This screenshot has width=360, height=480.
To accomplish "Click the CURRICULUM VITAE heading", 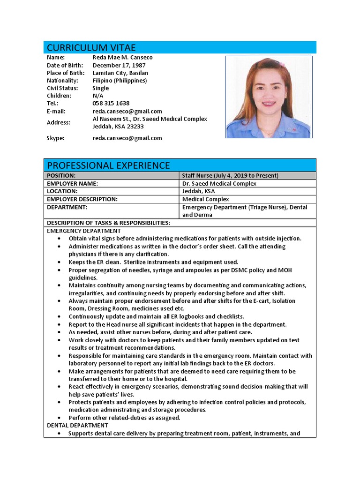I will [91, 48].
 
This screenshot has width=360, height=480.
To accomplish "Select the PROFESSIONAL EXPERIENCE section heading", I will [108, 165].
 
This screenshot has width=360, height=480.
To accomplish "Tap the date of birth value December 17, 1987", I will [119, 65].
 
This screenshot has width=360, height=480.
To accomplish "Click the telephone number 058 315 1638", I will [111, 103].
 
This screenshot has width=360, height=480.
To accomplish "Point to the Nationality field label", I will [62, 80].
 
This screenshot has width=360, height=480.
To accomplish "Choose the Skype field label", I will [55, 138].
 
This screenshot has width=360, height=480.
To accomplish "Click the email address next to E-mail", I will [127, 111].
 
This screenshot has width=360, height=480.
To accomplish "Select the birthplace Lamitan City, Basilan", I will [120, 73].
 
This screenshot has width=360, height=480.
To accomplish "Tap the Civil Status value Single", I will [101, 88].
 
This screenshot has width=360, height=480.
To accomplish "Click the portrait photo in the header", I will [269, 97].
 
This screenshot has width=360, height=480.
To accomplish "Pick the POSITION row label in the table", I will [61, 176].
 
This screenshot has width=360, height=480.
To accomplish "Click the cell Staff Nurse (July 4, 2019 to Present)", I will [230, 176].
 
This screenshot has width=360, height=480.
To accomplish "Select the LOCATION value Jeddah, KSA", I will [199, 191].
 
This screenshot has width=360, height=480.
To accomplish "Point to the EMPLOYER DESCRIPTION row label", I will [82, 199].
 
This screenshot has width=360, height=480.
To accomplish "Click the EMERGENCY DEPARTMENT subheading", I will [84, 231].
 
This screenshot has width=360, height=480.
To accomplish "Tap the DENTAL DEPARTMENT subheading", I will [77, 425].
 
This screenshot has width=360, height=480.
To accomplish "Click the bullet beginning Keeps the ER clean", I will [153, 262].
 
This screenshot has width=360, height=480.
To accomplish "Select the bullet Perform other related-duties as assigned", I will [124, 418].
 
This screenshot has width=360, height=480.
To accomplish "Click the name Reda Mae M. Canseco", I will [122, 57].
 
